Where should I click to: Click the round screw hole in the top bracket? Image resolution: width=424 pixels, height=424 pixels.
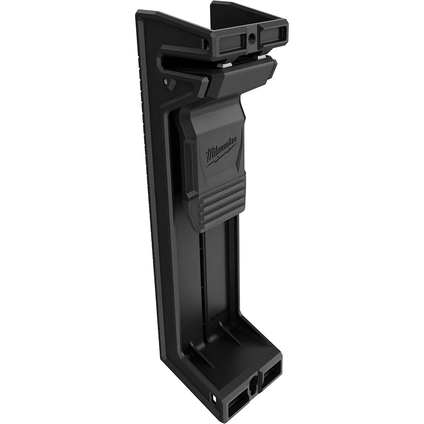[x=253, y=41]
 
